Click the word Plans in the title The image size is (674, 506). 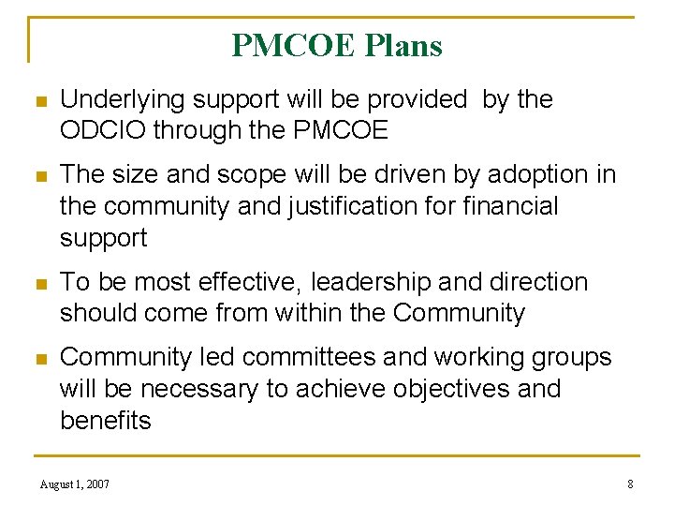(403, 45)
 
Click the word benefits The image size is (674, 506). (105, 421)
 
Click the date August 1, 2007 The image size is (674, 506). (74, 484)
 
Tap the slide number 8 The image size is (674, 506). (630, 484)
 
